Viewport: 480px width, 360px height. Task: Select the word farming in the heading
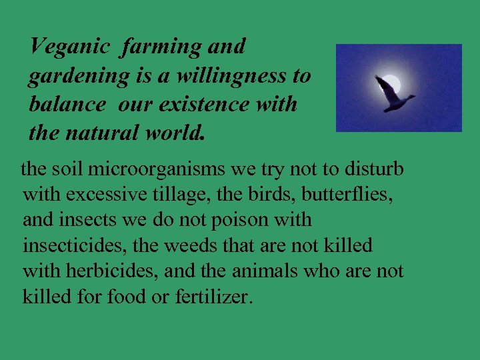159,48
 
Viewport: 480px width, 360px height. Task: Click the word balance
67,105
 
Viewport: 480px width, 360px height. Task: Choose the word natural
109,133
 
